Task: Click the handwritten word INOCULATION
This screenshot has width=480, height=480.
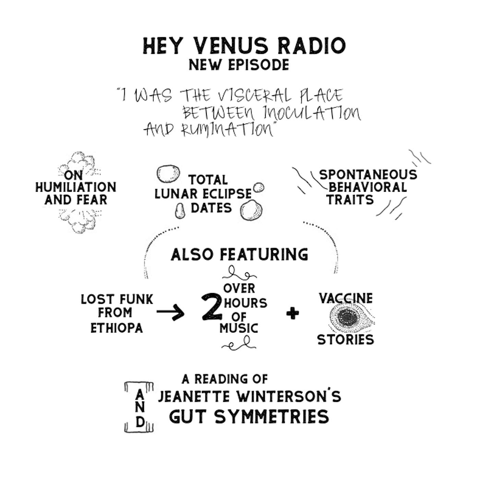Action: [x=312, y=113]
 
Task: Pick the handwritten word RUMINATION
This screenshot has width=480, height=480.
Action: [x=227, y=130]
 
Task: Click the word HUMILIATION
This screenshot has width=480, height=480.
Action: [x=76, y=188]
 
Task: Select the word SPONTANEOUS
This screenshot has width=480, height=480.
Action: [x=368, y=175]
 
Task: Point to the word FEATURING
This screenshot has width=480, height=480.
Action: [x=264, y=254]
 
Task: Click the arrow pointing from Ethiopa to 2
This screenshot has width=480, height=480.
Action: [x=170, y=312]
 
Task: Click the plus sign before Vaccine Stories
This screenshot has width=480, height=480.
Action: [x=292, y=313]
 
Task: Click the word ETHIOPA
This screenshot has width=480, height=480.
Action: [x=117, y=328]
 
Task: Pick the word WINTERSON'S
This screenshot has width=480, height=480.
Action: [x=289, y=397]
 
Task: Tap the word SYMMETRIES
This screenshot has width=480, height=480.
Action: [x=272, y=417]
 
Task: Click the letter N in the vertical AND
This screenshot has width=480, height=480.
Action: [x=140, y=407]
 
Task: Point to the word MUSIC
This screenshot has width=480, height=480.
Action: [x=239, y=328]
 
